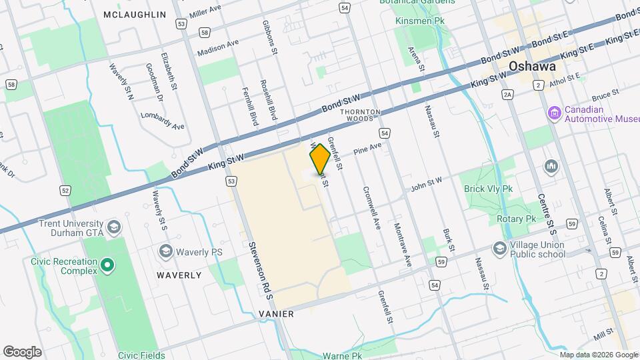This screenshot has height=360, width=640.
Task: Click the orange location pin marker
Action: tap(320, 159)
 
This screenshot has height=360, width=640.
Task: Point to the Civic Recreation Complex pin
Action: tap(107, 267)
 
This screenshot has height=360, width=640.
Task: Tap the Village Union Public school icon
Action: tap(499, 249)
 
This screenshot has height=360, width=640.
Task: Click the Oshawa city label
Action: tap(532, 67)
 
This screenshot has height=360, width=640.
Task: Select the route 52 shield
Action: tap(65, 191)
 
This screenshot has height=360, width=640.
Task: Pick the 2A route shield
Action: tap(508, 95)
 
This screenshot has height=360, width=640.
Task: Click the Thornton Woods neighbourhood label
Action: tap(360, 115)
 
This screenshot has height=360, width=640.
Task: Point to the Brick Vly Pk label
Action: tap(489, 189)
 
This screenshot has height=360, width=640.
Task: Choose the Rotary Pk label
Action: tap(516, 219)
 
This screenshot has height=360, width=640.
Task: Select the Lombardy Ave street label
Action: tap(163, 120)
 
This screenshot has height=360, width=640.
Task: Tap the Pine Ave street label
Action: tap(367, 148)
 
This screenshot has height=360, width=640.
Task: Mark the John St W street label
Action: tap(426, 184)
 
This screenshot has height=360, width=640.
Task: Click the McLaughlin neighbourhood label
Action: tap(135, 14)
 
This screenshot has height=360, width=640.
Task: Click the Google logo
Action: tap(23, 351)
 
